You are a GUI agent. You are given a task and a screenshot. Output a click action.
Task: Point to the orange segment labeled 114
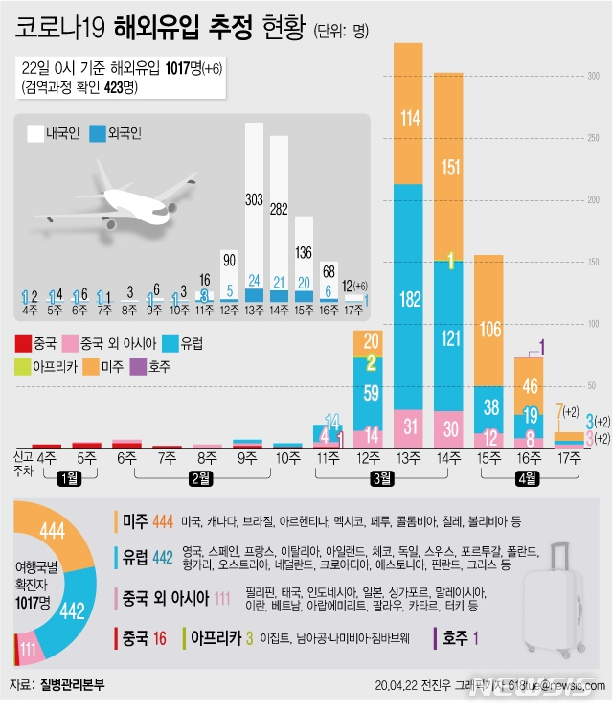410,119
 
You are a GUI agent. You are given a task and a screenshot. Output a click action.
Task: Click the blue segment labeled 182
410,299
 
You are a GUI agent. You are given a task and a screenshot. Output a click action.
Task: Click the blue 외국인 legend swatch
97,134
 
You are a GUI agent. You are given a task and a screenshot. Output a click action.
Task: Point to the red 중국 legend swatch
25,342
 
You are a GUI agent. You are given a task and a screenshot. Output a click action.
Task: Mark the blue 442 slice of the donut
71,610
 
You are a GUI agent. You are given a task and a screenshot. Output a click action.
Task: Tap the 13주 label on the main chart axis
410,458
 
